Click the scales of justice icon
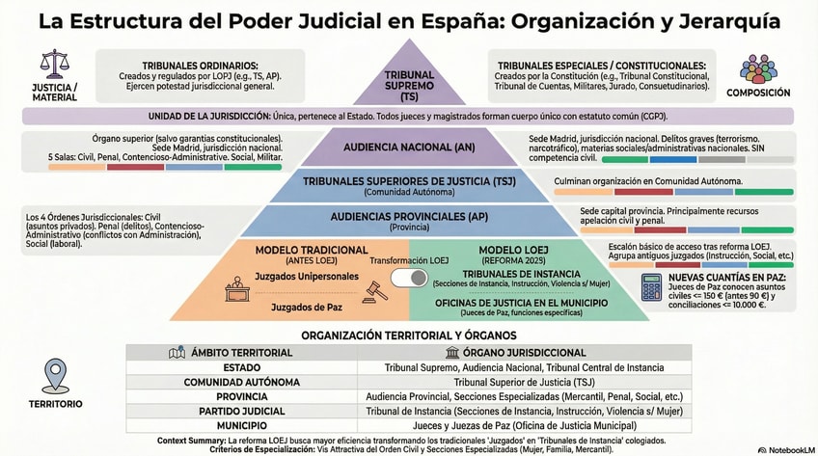pos(54,66)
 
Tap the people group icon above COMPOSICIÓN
pos(756,68)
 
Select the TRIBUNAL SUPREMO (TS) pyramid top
pos(409,81)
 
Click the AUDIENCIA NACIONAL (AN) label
pos(409,147)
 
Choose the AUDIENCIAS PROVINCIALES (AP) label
pos(409,217)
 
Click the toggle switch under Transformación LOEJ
pos(404,279)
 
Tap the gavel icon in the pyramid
pos(373,289)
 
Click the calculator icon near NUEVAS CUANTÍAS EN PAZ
pos(652,286)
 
